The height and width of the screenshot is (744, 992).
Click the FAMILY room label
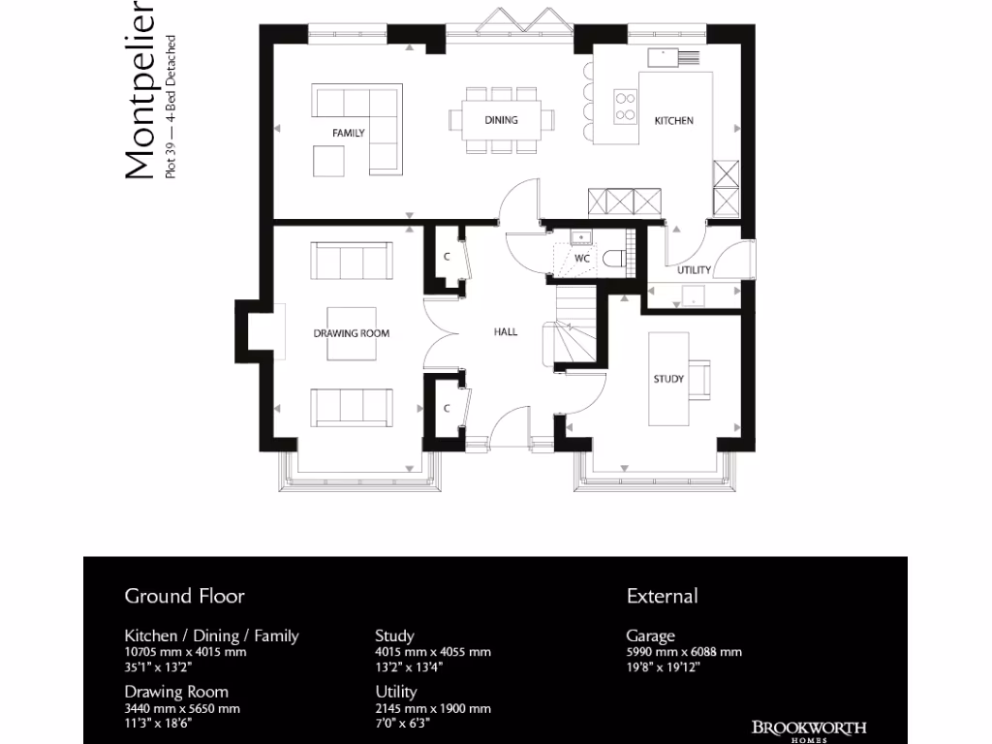(x=348, y=132)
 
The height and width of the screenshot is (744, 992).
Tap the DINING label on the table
(x=502, y=120)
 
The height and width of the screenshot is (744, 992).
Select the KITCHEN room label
(x=674, y=121)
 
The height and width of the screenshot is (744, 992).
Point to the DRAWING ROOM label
(x=351, y=333)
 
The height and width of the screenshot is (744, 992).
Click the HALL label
(x=506, y=331)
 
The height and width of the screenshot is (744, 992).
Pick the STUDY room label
(x=668, y=379)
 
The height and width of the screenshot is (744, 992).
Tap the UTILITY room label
(x=694, y=270)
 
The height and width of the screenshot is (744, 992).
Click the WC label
(x=582, y=260)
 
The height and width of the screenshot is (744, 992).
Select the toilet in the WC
(x=612, y=258)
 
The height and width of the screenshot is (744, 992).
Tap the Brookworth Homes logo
(x=809, y=729)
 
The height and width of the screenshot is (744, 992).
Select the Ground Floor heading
(x=184, y=596)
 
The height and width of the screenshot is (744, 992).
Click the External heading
(x=662, y=596)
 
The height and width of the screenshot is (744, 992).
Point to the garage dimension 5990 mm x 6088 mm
(x=684, y=652)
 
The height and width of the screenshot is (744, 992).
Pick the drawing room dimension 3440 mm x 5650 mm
(x=182, y=708)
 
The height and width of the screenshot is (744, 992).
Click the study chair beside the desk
(x=700, y=378)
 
